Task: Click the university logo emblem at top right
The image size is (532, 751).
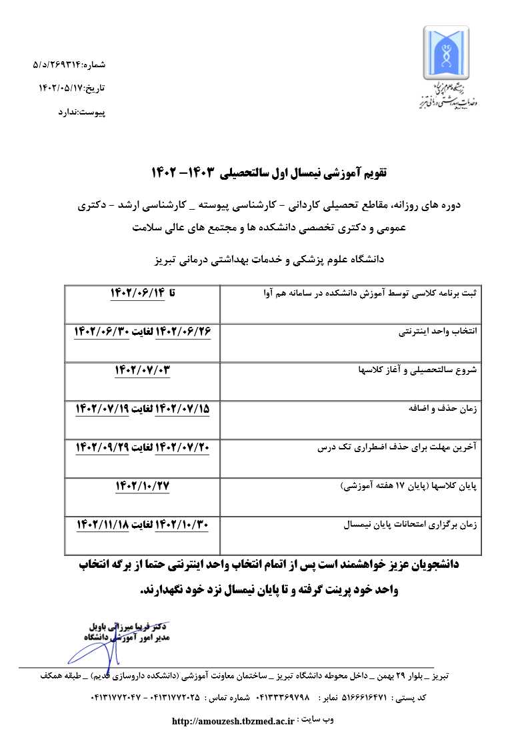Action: [x=448, y=52]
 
